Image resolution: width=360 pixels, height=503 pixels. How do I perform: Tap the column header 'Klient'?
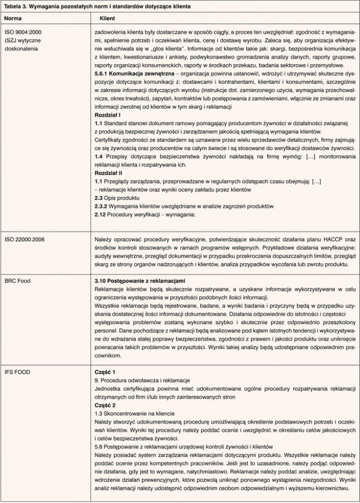[107, 18]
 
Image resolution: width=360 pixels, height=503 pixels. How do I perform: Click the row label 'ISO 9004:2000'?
[22, 32]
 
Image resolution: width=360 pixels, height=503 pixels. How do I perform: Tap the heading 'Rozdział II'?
[109, 173]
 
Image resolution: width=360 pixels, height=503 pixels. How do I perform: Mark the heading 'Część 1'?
[105, 371]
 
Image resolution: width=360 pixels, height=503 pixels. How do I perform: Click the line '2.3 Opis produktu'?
[116, 198]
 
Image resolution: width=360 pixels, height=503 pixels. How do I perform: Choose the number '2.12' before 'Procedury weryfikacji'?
[101, 215]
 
